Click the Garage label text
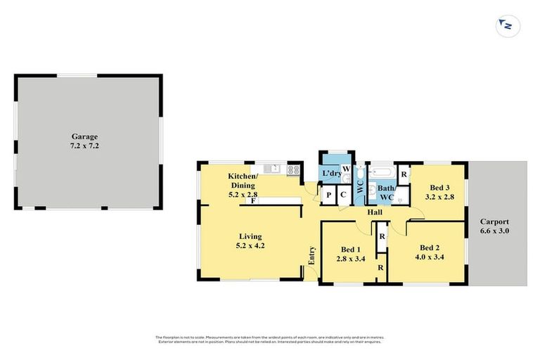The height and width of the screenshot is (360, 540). point(84,136)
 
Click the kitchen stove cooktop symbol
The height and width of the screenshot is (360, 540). point(293,169)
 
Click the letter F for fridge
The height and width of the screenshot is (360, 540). point(252,201)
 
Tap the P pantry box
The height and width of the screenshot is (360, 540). point(328,197)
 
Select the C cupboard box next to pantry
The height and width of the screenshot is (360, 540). point(343,197)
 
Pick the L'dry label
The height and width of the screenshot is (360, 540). point(330,173)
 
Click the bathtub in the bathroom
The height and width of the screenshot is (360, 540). point(383,172)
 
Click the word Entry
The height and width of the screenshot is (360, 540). point(311,256)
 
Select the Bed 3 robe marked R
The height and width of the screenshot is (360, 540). point(404,174)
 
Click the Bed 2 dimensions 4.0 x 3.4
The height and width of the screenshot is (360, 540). point(430,257)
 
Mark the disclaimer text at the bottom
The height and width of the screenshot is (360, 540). point(270,340)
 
